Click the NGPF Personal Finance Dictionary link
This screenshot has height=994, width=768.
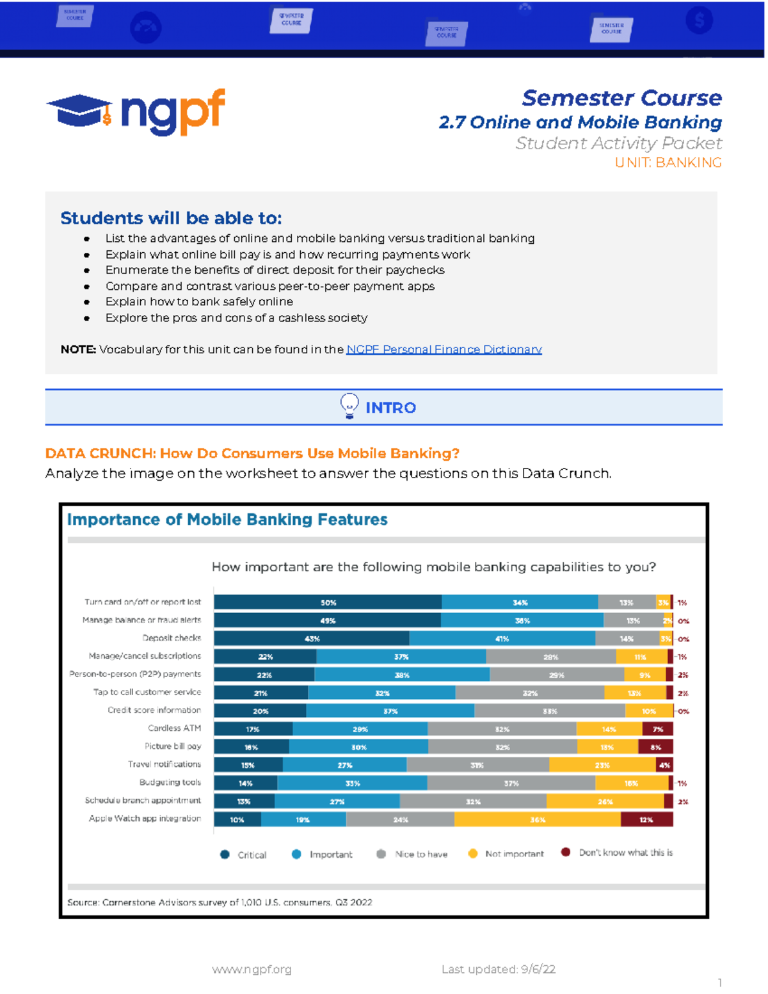click(x=444, y=349)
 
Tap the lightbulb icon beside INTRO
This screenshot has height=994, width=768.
click(x=349, y=406)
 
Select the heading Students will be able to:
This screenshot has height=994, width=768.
click(x=171, y=218)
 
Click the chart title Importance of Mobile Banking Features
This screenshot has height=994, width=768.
click(x=227, y=520)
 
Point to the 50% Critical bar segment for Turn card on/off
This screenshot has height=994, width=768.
click(x=328, y=602)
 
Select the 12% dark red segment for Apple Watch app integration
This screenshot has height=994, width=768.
click(x=646, y=819)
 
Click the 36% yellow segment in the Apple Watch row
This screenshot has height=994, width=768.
click(x=538, y=819)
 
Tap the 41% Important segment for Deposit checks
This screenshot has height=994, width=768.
click(x=502, y=639)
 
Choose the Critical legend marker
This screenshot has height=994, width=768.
click(x=225, y=854)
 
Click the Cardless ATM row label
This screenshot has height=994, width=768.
click(x=174, y=728)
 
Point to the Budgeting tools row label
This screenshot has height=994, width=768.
click(x=170, y=782)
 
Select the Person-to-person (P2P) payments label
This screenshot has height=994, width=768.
click(x=135, y=674)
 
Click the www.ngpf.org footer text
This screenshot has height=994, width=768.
click(x=252, y=969)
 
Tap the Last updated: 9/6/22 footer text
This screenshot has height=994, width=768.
click(x=498, y=969)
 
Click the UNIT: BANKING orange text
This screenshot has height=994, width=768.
click(x=668, y=163)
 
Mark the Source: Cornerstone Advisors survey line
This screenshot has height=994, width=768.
click(x=220, y=902)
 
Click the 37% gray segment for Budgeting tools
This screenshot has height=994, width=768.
click(x=511, y=783)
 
